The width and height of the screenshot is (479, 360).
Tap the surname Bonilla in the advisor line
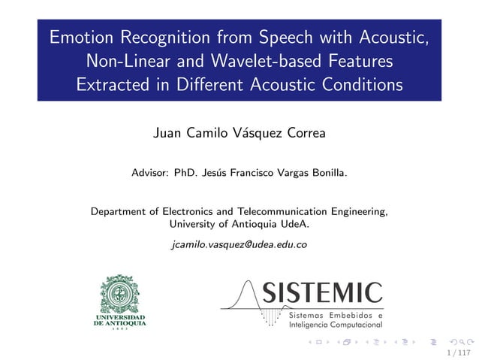(327, 173)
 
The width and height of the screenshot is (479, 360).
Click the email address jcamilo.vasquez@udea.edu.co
(239, 244)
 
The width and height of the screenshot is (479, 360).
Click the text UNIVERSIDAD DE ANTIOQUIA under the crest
(119, 321)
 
